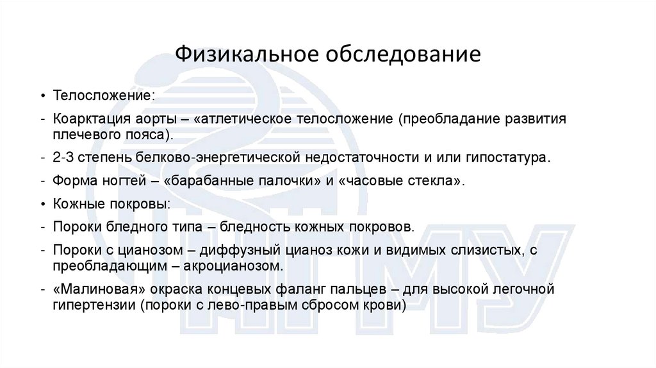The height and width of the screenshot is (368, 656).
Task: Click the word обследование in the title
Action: (401, 54)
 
